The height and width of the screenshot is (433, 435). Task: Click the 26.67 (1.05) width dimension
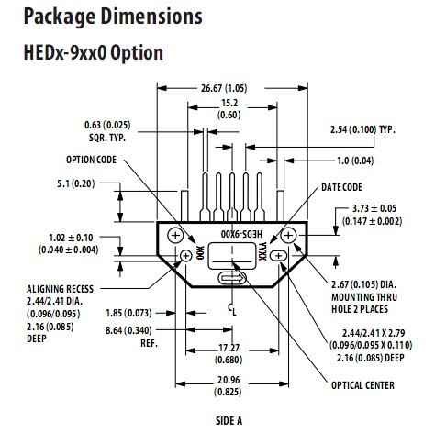click(224, 88)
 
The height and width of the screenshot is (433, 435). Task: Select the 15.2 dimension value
click(229, 103)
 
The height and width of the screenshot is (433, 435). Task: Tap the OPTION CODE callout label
click(91, 160)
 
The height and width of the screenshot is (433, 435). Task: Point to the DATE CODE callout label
click(341, 187)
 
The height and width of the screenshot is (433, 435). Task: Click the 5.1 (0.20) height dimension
click(76, 183)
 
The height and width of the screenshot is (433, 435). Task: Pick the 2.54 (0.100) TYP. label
click(362, 129)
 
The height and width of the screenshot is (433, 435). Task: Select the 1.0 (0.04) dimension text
click(355, 161)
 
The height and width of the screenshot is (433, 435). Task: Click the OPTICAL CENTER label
click(362, 385)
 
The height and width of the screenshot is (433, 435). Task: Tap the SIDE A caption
click(229, 421)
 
